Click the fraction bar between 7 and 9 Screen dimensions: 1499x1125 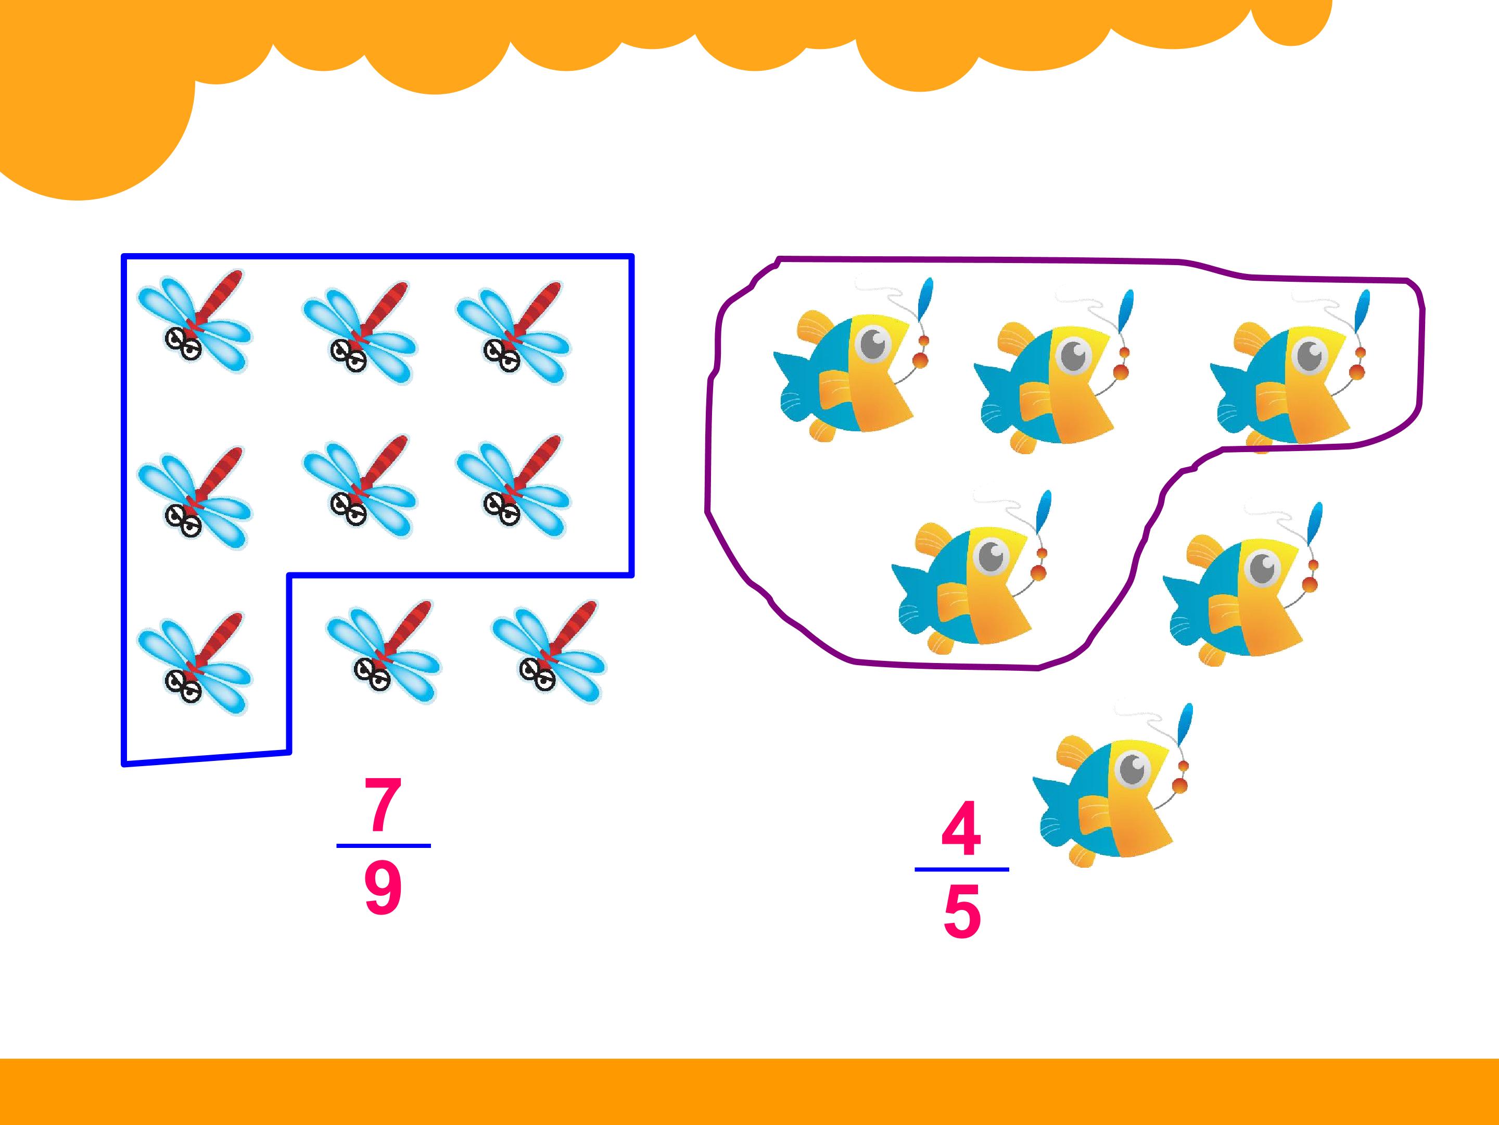(384, 846)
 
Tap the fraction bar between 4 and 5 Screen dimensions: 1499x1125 (962, 869)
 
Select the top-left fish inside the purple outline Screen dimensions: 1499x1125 (854, 359)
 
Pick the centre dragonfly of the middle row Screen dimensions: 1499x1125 (359, 487)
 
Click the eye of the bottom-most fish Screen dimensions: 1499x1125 (1133, 769)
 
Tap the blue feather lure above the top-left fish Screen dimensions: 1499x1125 (924, 299)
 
